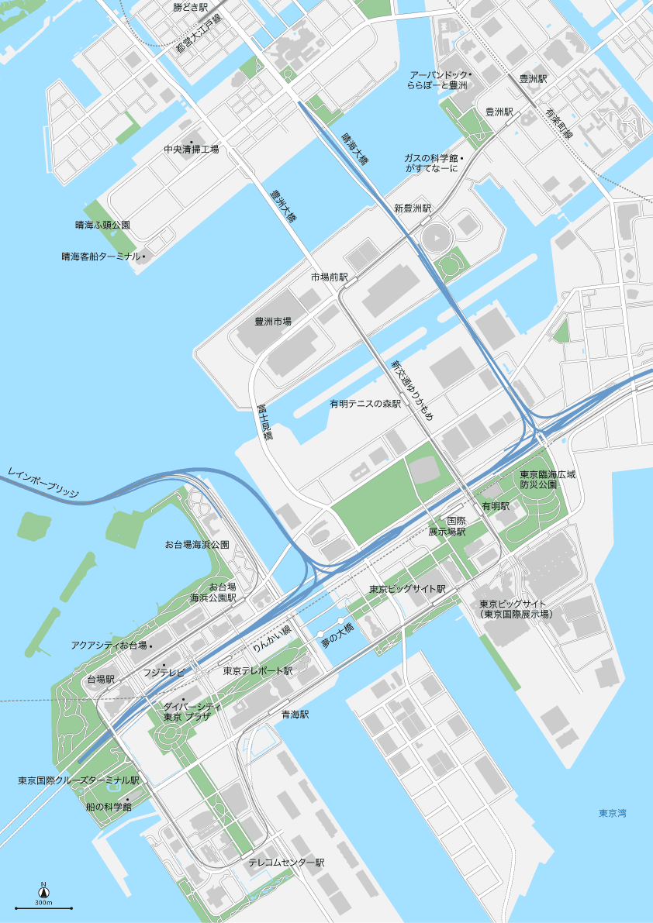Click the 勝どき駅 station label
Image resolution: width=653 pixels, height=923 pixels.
coord(191,7)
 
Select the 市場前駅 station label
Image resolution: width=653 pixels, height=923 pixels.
coord(330,277)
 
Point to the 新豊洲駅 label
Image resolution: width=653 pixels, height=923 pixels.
coord(412,208)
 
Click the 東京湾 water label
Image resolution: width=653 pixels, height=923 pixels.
coord(612,813)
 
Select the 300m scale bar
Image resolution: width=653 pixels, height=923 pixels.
coord(43,908)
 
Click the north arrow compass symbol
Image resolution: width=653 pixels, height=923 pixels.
coord(43,892)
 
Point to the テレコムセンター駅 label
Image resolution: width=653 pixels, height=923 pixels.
coord(286,863)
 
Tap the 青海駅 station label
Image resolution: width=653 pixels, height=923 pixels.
coord(295,715)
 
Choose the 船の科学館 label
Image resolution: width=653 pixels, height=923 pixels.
coord(109,807)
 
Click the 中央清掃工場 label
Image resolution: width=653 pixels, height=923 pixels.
coord(191,150)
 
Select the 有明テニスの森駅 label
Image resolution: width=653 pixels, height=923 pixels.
coord(365,404)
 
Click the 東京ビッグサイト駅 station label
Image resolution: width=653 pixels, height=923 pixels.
coord(407,589)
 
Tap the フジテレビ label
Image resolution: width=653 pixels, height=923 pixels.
coord(164,673)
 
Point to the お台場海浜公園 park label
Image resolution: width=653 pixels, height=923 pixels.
coord(197,545)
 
